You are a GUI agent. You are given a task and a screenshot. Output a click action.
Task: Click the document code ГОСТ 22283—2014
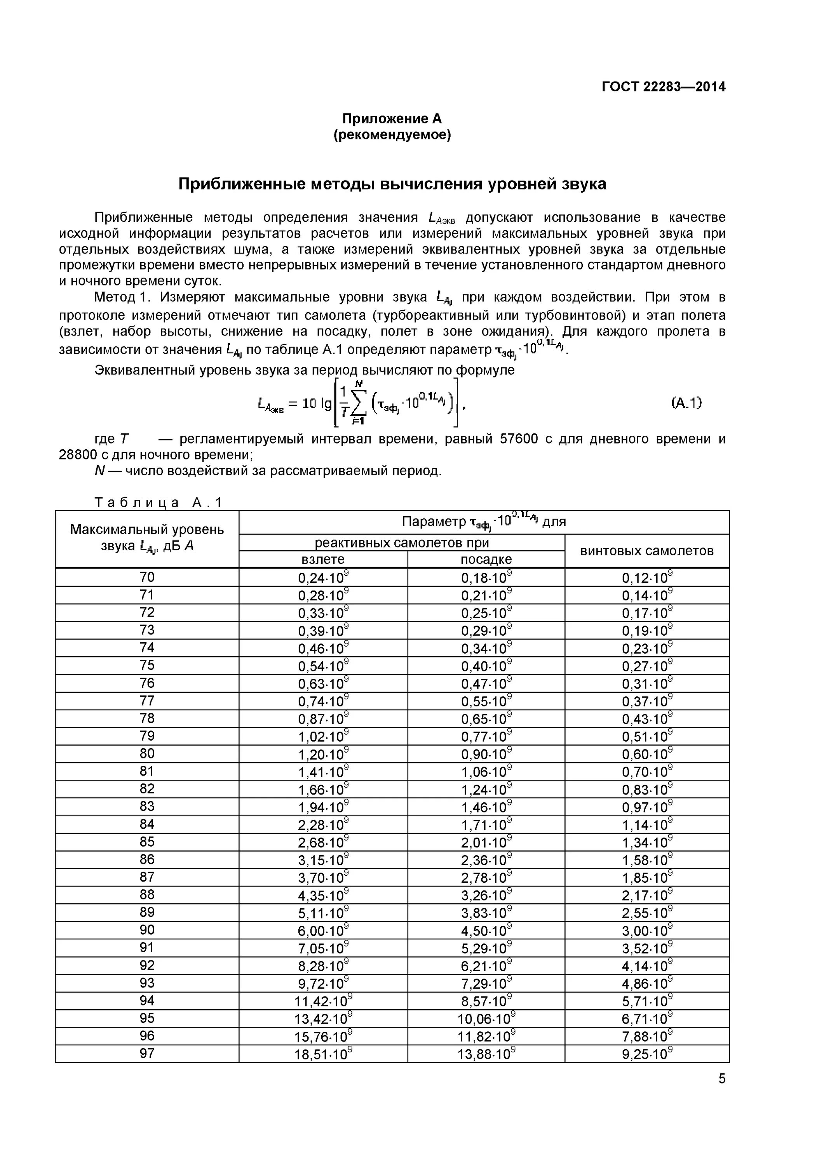663,87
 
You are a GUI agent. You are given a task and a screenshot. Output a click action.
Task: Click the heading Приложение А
392,119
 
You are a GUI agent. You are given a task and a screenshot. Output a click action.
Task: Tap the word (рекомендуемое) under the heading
392,135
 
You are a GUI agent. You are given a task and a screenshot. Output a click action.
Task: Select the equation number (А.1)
686,402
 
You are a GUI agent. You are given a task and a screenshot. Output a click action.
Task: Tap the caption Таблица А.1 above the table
159,503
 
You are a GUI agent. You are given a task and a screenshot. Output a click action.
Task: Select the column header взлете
323,559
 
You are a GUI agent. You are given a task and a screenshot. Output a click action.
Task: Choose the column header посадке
486,559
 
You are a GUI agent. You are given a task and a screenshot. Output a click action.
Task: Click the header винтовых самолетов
646,551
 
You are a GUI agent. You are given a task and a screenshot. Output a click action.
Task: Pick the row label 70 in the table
147,577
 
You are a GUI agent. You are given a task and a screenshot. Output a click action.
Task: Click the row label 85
147,842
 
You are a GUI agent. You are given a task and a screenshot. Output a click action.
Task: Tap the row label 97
147,1054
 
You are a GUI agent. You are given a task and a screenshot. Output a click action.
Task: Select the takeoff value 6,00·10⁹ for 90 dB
323,930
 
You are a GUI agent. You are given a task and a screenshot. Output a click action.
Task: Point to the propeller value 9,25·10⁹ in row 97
646,1054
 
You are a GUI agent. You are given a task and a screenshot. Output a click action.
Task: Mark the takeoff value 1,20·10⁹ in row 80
323,755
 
